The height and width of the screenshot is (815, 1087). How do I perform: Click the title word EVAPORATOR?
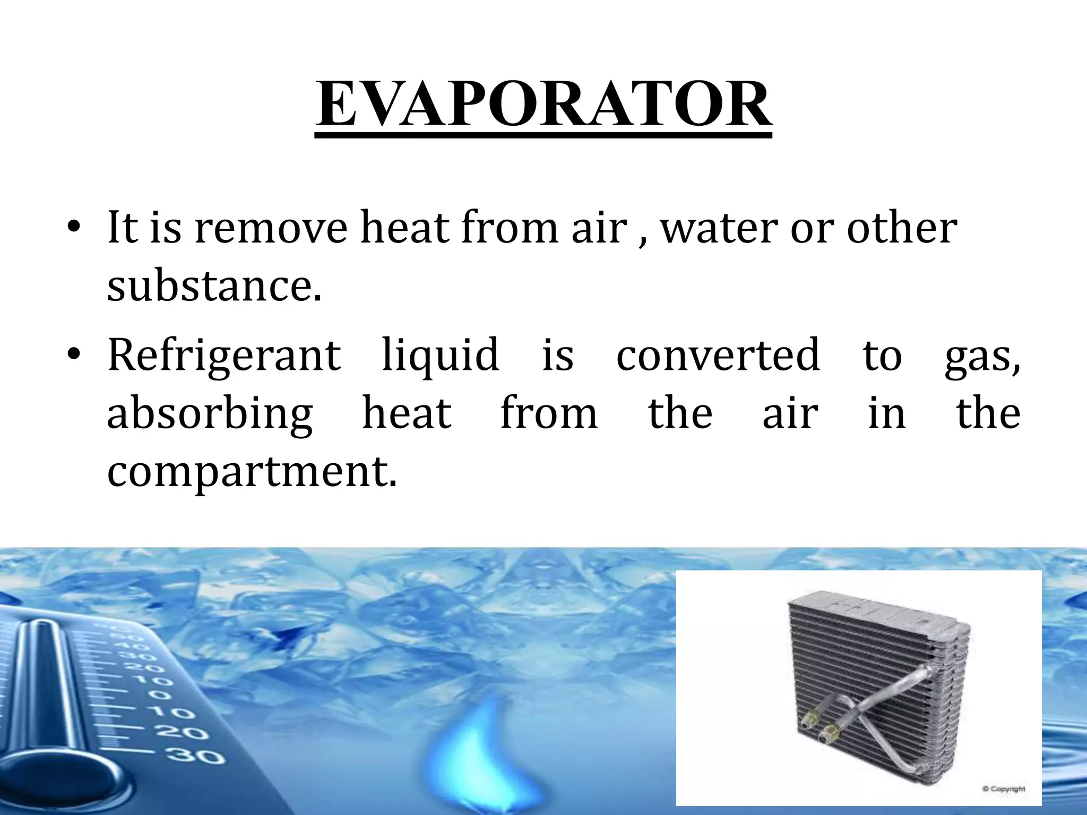coord(543,103)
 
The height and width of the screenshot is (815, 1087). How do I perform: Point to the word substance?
coord(214,286)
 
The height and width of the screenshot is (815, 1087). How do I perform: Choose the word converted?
coord(718,354)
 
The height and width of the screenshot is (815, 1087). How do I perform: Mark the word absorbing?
coord(210,414)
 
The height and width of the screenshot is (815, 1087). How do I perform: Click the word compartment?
coord(252,472)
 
